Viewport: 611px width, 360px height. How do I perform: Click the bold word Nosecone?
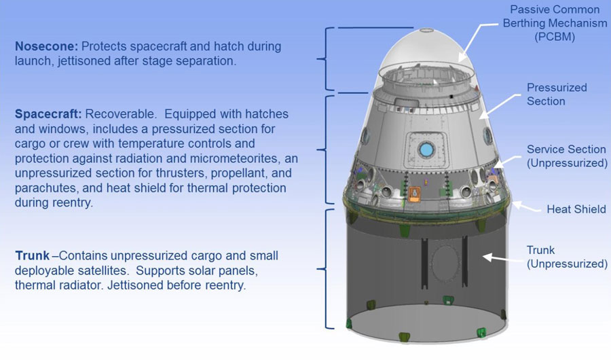46,46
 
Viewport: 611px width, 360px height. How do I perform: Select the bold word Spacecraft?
48,114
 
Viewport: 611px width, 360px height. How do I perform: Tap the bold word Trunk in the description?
33,256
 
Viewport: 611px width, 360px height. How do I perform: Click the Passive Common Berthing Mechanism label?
555,23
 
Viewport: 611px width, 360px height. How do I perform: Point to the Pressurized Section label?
557,94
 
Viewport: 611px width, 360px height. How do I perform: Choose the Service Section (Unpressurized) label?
567,156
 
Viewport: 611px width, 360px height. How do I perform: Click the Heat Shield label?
576,209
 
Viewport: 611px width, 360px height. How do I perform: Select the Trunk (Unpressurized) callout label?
567,257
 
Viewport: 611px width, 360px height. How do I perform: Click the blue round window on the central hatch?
426,149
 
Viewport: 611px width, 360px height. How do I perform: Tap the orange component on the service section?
414,194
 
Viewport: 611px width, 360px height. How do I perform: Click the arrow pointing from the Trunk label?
502,258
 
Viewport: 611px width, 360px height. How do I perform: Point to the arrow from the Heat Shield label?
525,207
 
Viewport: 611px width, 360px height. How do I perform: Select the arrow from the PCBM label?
478,42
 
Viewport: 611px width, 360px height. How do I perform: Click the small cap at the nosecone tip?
427,30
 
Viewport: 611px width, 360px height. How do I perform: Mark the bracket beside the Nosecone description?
326,59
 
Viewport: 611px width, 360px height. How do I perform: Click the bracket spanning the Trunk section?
326,269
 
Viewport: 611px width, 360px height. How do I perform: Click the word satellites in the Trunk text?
104,271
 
